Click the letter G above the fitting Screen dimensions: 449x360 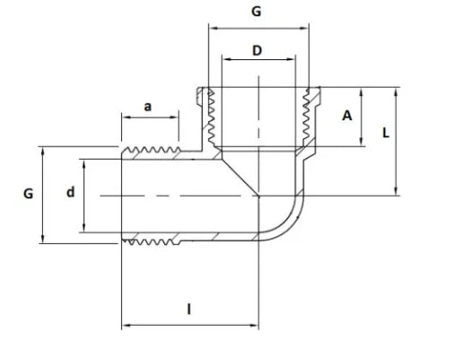coord(256,12)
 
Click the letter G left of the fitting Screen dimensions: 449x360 coord(28,194)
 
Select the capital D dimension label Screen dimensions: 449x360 coord(257,50)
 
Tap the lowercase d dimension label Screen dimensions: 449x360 coord(70,192)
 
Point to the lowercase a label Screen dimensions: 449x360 coord(147,107)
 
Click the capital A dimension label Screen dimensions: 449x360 coord(347,116)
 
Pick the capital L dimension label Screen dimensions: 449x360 coord(386,133)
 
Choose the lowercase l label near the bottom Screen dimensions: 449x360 coord(189,309)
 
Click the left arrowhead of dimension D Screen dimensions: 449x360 coord(227,59)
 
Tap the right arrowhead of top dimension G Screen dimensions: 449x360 coord(304,29)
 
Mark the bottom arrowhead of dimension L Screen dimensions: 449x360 coord(396,191)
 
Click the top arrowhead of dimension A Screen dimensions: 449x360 coord(361,92)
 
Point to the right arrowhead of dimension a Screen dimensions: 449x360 coord(174,117)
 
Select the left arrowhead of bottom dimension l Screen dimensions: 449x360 coord(126,325)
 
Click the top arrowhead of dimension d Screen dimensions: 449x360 coord(84,163)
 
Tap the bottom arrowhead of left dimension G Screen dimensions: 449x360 coord(43,239)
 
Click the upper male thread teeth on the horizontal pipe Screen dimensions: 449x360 coord(151,149)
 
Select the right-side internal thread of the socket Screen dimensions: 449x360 coord(306,118)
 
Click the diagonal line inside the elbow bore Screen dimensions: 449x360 coord(240,178)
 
